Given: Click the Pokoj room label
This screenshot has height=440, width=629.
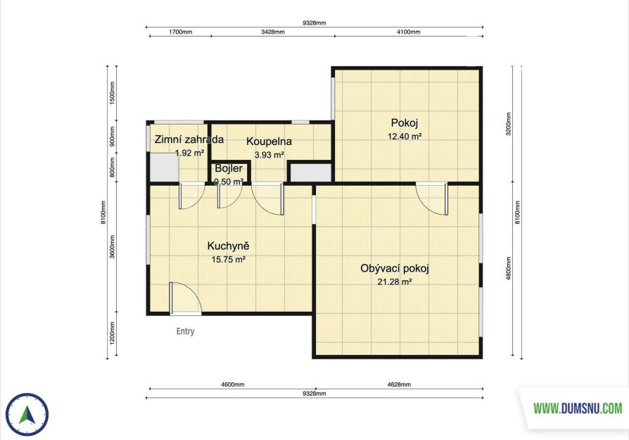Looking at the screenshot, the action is tap(405, 122).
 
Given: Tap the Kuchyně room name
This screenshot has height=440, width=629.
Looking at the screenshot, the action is tap(228, 246).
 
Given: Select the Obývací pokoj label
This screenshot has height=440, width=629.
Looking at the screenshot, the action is tap(395, 268).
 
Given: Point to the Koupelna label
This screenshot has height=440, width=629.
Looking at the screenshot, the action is tap(269, 142).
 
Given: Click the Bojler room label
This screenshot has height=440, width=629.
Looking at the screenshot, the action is tap(229, 168).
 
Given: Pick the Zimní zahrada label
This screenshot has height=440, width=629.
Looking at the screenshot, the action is tap(189, 139).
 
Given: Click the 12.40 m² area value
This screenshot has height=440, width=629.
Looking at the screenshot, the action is tap(405, 137).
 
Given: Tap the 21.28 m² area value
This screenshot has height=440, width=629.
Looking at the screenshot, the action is tap(395, 282).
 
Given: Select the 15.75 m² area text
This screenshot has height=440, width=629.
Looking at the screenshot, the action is tap(228, 260).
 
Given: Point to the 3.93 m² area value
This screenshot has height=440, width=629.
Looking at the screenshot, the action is tap(269, 155).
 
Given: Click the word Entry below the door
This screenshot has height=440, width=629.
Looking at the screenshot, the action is tap(185, 331).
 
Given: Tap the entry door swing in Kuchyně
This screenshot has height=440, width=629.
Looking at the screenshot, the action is tap(184, 297).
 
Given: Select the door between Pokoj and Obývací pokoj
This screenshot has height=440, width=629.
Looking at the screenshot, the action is tap(432, 199).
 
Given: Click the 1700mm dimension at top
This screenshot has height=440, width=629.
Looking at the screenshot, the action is tap(181, 32).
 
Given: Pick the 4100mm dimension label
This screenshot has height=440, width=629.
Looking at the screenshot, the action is tap(408, 32).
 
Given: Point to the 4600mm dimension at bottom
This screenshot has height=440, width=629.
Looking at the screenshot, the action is tap(233, 384).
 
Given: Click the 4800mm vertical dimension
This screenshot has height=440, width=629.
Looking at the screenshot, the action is tap(509, 268).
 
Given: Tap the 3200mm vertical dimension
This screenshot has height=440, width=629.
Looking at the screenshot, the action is tap(509, 124).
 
